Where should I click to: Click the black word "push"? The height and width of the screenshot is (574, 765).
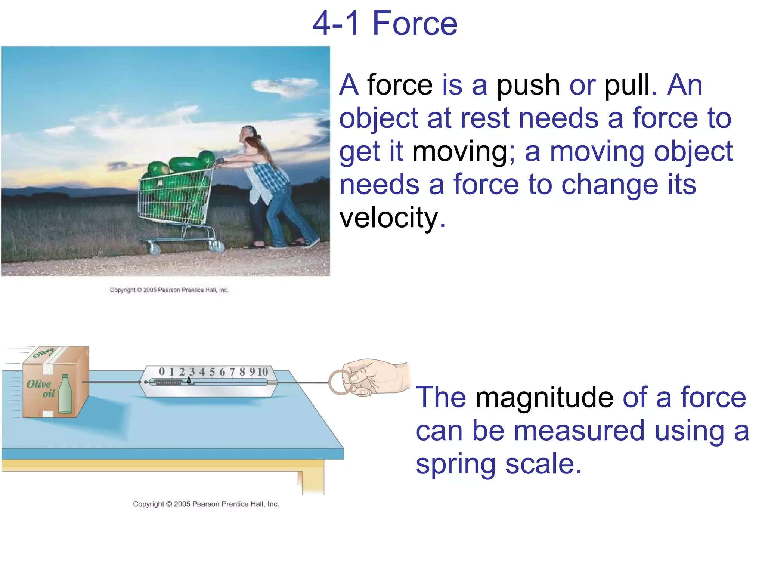click(x=528, y=85)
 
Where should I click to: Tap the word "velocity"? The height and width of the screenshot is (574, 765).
click(x=388, y=217)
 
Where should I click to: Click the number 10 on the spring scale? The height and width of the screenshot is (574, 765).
click(x=262, y=372)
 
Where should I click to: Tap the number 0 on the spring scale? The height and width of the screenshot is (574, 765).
click(x=162, y=371)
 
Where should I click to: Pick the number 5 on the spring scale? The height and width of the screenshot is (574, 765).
click(x=212, y=372)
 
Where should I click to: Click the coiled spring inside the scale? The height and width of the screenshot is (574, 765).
click(x=168, y=383)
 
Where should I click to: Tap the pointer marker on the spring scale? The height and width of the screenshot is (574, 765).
click(x=189, y=380)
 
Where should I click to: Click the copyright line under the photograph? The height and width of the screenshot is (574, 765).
click(x=169, y=290)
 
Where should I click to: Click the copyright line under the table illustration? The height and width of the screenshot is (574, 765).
click(x=206, y=504)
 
